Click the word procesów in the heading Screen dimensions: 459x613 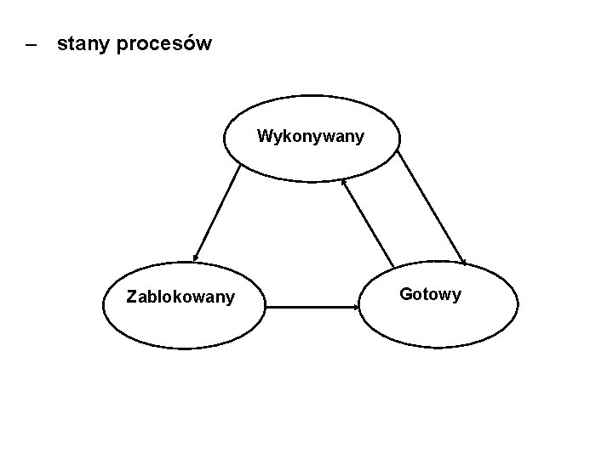point(163,43)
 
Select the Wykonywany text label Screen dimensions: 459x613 point(311,136)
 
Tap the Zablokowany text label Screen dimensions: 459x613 point(180,297)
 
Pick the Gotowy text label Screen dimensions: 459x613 point(430,294)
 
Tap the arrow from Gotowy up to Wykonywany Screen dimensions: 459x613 point(368,223)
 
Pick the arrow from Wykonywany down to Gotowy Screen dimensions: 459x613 point(432,207)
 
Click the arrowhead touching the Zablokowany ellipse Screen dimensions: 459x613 point(196,257)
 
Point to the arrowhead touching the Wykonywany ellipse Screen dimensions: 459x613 point(343,181)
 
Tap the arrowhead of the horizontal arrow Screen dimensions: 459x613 point(355,307)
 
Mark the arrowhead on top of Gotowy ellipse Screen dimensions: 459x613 point(462,259)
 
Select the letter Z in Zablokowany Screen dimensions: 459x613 point(130,297)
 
